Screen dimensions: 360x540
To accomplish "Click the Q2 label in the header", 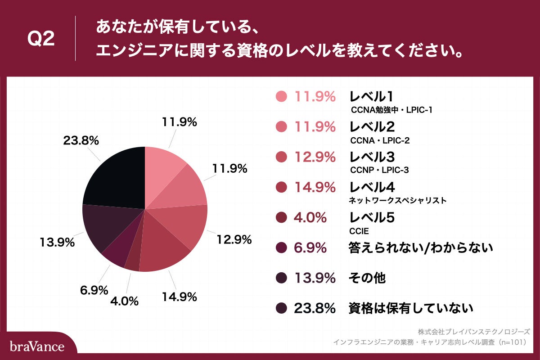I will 41,39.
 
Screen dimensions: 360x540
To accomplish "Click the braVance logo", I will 37,346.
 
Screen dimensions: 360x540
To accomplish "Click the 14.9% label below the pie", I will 179,297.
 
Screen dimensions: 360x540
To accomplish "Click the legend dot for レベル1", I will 281,96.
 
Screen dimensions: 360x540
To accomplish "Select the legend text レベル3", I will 372,157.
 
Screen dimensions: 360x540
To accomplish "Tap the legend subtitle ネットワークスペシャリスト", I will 398,200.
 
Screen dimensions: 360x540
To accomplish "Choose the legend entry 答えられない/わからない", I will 421,248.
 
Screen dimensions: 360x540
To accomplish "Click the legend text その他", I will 367,279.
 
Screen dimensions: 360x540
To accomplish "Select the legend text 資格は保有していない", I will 411,309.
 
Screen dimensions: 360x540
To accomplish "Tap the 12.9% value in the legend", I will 315,157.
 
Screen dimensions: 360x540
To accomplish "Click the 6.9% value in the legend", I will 310,248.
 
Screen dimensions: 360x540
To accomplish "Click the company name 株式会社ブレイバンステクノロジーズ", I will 474,332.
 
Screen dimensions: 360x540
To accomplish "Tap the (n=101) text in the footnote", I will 510,342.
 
